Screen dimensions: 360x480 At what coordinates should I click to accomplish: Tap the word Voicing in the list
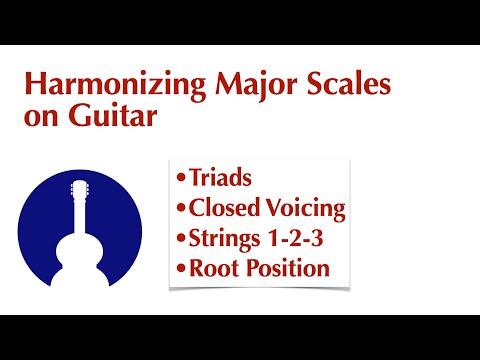pyautogui.click(x=304, y=210)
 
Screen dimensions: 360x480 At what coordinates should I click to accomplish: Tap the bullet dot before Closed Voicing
pyautogui.click(x=180, y=210)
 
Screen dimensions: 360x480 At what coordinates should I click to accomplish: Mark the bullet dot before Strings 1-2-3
pyautogui.click(x=180, y=239)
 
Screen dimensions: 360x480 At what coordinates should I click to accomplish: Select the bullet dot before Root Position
pyautogui.click(x=180, y=269)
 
